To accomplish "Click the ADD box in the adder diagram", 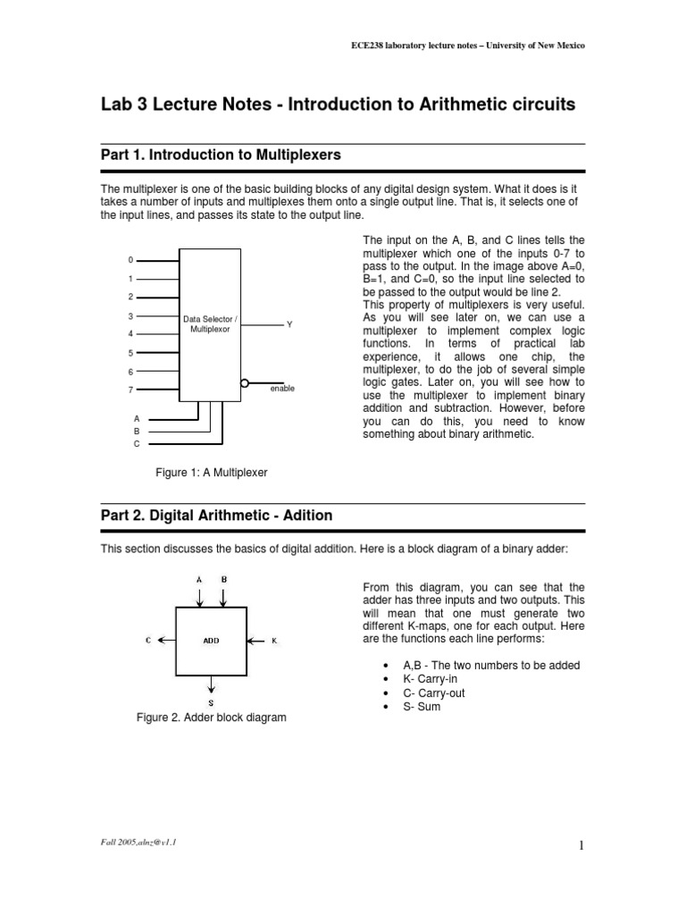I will click(211, 641).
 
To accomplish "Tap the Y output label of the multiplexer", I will click(289, 324).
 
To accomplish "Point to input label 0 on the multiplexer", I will click(130, 260).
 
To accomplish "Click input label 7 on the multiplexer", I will click(130, 390).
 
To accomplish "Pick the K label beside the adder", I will click(274, 641).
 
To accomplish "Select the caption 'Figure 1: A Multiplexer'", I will click(212, 471).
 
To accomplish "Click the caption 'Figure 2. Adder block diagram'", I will click(211, 718).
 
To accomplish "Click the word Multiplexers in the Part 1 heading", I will click(291, 155).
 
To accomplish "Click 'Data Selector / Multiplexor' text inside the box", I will click(211, 323).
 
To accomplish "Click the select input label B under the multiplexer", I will click(137, 431).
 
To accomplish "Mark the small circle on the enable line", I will click(244, 382).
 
